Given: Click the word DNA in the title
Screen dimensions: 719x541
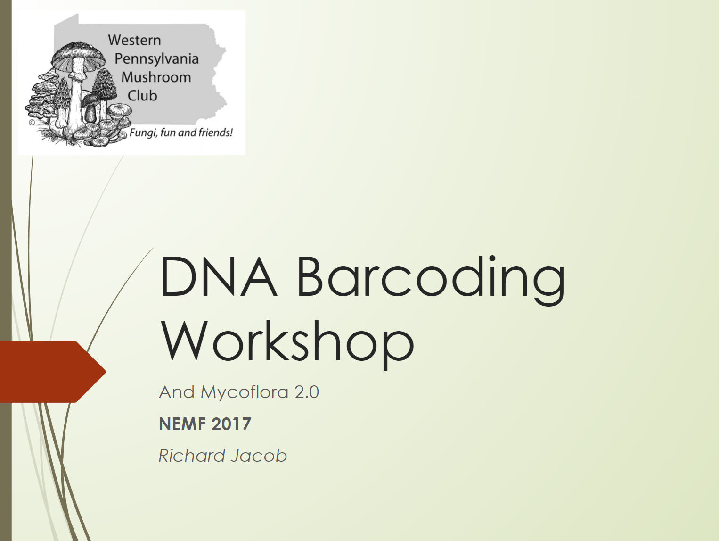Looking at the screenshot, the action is (x=218, y=276).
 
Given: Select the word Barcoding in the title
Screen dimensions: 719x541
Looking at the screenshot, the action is (x=431, y=280).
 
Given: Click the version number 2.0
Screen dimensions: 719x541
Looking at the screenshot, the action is (x=307, y=392).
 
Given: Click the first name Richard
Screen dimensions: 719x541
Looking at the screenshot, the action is (x=192, y=456).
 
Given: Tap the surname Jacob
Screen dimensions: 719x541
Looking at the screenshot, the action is (x=259, y=456).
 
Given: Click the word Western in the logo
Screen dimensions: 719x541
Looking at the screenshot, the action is (x=135, y=41).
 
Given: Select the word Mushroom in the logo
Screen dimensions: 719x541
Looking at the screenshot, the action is (x=156, y=77).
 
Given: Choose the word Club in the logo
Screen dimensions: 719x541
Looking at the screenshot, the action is (x=142, y=96).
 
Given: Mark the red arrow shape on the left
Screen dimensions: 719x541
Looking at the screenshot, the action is (x=52, y=372).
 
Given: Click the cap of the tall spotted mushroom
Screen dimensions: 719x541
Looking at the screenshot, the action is (x=79, y=55).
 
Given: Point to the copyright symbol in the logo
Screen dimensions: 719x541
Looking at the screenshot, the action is (x=32, y=123).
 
